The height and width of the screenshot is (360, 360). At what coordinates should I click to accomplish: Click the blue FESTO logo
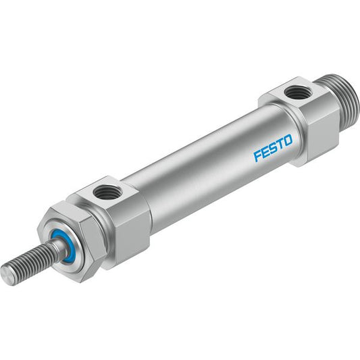[x=273, y=148]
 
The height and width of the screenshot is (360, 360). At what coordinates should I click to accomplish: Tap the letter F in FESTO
[x=257, y=156]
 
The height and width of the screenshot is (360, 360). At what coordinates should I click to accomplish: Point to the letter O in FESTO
[x=288, y=140]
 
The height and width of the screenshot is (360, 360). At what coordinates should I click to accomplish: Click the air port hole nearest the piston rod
[x=107, y=191]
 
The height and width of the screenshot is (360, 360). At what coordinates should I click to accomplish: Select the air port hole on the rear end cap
[x=294, y=93]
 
